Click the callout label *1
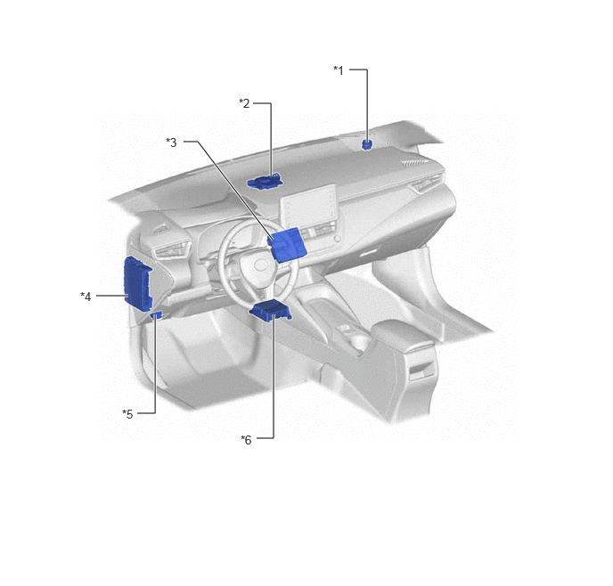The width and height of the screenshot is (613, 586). coord(339,70)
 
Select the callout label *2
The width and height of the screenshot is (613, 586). coord(244,103)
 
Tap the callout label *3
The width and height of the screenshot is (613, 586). coord(171,142)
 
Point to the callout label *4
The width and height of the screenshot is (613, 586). coord(86,297)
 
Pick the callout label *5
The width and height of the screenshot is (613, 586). coord(127,414)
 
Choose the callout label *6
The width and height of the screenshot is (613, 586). coord(246,440)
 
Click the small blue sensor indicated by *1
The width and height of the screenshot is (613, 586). coord(367,144)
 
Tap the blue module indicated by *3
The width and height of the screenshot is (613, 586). coord(286,244)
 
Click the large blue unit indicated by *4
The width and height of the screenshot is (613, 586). coord(137,283)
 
